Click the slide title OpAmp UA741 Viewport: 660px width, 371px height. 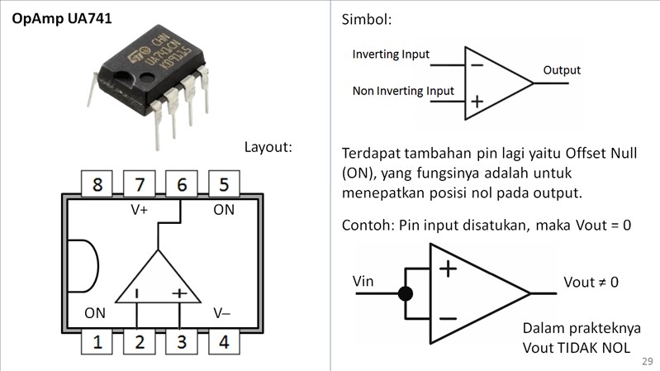click(x=62, y=18)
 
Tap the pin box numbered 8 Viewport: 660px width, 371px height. click(x=97, y=184)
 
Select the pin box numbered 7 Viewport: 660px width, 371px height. click(x=140, y=184)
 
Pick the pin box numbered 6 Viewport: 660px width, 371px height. click(x=182, y=184)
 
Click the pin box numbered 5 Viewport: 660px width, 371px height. click(x=224, y=184)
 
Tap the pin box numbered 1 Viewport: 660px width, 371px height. click(x=97, y=341)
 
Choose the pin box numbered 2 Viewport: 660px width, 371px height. click(x=140, y=341)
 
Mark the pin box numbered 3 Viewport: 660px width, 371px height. click(x=182, y=341)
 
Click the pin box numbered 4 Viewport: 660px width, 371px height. click(x=224, y=341)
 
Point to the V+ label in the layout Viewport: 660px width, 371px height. click(x=140, y=210)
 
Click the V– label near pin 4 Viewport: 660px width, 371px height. click(x=222, y=313)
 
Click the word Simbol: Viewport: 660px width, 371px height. click(x=366, y=19)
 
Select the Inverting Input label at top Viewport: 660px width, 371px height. click(x=391, y=55)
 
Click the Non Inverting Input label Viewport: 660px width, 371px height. click(x=403, y=91)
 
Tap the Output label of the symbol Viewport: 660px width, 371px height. click(x=562, y=71)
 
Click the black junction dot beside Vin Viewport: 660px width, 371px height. click(x=406, y=293)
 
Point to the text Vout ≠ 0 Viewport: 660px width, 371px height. click(x=591, y=283)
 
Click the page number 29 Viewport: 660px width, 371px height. click(x=647, y=362)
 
